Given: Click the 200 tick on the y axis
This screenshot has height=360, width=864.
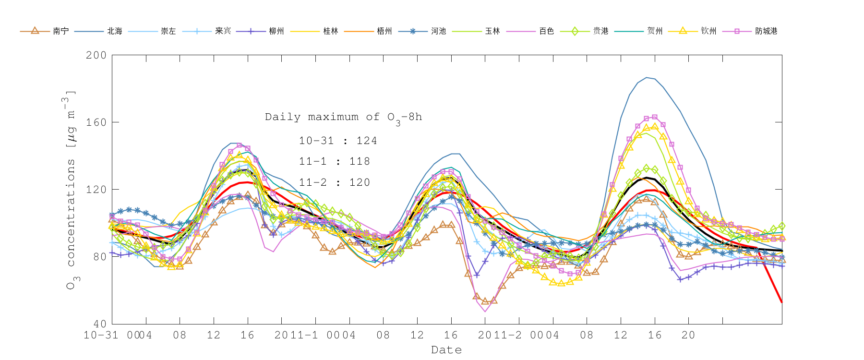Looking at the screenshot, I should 96,55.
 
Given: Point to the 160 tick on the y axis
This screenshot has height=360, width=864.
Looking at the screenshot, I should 96,122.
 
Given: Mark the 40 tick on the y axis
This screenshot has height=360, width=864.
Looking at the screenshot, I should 99,324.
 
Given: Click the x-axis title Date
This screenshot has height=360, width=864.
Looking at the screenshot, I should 446,350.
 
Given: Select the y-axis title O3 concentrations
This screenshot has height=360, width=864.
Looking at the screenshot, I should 71,190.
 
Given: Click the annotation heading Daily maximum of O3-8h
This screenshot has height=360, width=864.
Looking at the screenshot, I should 343,118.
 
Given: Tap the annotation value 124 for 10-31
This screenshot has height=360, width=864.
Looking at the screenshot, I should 367,141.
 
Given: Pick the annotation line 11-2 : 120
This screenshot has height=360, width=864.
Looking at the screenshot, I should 335,182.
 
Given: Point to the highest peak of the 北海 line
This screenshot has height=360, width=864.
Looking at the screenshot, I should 647,77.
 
